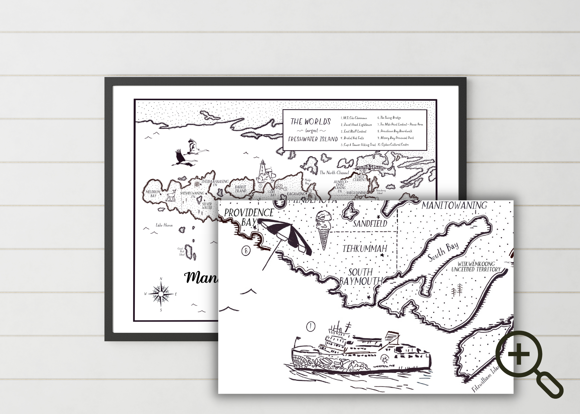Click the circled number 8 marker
(246, 251)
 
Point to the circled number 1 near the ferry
(310, 326)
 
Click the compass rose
(161, 294)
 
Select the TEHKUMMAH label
(365, 248)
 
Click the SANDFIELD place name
(370, 223)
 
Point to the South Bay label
(443, 252)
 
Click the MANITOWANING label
(454, 205)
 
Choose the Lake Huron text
(164, 225)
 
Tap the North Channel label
(334, 173)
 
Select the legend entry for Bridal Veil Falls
(352, 138)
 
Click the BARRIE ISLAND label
(240, 189)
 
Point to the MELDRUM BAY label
(153, 194)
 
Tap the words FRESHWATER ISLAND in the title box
(313, 139)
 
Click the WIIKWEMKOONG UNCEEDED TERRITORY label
(476, 266)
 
